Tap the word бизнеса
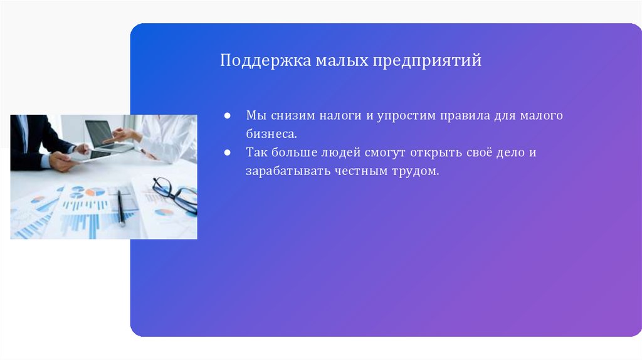(x=271, y=134)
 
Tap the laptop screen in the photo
(x=100, y=132)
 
